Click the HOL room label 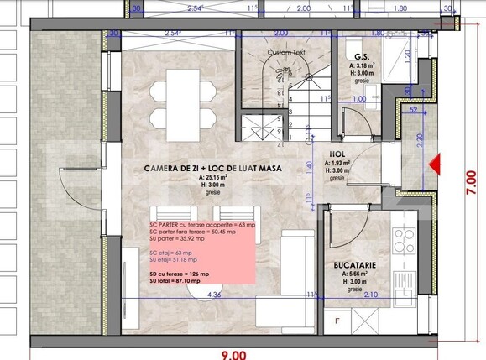click(x=337, y=154)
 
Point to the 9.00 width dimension click(x=234, y=353)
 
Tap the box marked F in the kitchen click(x=337, y=321)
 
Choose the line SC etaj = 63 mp click(x=167, y=252)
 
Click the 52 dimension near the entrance click(x=414, y=108)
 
